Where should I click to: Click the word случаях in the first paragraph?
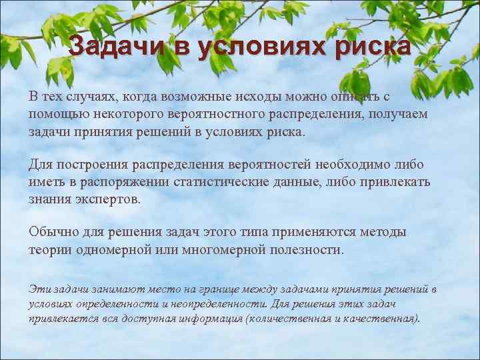pyautogui.click(x=89, y=96)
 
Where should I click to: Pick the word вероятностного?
pyautogui.click(x=226, y=114)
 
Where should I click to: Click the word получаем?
pyautogui.click(x=400, y=114)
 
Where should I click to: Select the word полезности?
pyautogui.click(x=311, y=250)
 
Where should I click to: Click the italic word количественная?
pyautogui.click(x=288, y=318)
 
